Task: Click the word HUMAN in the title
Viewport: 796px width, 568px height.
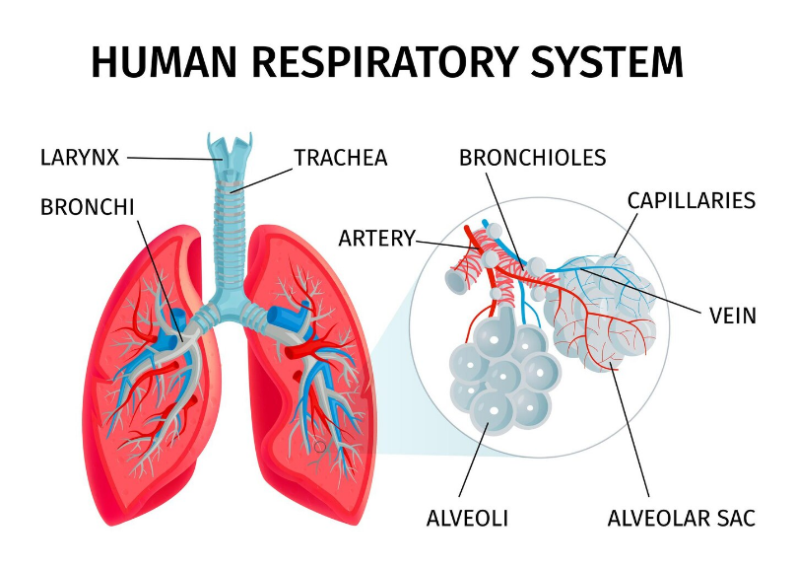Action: (164, 62)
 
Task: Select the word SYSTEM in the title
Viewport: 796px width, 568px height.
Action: (607, 62)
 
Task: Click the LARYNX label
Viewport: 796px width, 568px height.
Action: (80, 158)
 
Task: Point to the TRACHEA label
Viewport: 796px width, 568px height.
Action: (341, 158)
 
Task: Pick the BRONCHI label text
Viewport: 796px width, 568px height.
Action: (88, 207)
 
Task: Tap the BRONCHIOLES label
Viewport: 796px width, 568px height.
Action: (533, 158)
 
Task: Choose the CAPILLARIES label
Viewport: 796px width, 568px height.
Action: (692, 201)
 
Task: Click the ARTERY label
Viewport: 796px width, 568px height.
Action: (376, 239)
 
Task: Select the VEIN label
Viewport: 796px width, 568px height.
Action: (733, 316)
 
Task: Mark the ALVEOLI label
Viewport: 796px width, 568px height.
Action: (467, 519)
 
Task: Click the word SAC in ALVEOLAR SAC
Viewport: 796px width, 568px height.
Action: (736, 519)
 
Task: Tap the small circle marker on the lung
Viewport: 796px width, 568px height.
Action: (319, 447)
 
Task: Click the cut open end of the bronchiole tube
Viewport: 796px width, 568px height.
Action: (455, 282)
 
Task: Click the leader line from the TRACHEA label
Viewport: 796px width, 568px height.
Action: (262, 180)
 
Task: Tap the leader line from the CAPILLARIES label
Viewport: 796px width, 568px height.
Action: (626, 235)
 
